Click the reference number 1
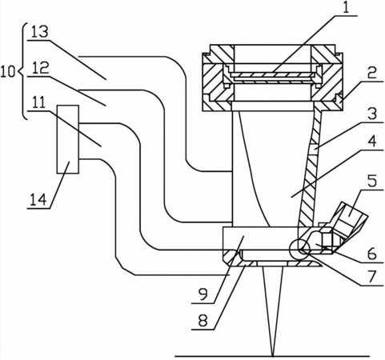346,8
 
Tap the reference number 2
371,73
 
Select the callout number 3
371,114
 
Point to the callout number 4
371,141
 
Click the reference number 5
371,181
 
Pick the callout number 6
371,254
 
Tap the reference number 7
371,277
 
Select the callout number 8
203,321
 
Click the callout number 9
203,294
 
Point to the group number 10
8,72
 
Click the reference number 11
38,103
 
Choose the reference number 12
41,69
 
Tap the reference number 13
40,32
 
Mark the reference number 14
38,200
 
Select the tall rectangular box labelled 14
68,139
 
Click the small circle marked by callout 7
299,249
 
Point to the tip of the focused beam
273,355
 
